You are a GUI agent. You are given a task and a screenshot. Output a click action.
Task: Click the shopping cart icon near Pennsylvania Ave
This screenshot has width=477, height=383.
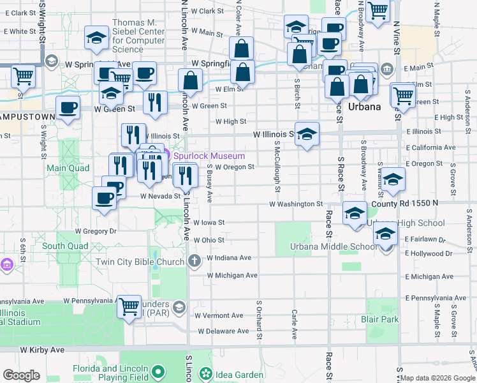point(129,307)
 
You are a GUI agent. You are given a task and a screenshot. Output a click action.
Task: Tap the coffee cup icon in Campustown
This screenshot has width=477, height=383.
point(68,109)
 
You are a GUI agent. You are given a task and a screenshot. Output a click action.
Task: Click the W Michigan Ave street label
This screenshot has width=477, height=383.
point(232,275)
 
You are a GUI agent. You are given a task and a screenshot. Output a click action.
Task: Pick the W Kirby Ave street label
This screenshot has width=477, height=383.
point(42,350)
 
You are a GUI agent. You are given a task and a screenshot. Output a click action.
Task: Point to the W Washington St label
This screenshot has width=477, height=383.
point(296,204)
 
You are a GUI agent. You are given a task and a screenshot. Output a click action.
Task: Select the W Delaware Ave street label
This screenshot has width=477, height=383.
point(223,331)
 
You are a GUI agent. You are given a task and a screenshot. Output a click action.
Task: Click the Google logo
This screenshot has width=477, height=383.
point(21,375)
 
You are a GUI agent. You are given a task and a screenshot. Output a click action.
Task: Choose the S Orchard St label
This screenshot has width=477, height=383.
point(260,319)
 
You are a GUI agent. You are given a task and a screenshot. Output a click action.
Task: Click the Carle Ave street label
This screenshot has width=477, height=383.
point(294,324)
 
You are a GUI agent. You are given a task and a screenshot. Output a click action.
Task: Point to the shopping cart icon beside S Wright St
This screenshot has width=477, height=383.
point(24,77)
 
